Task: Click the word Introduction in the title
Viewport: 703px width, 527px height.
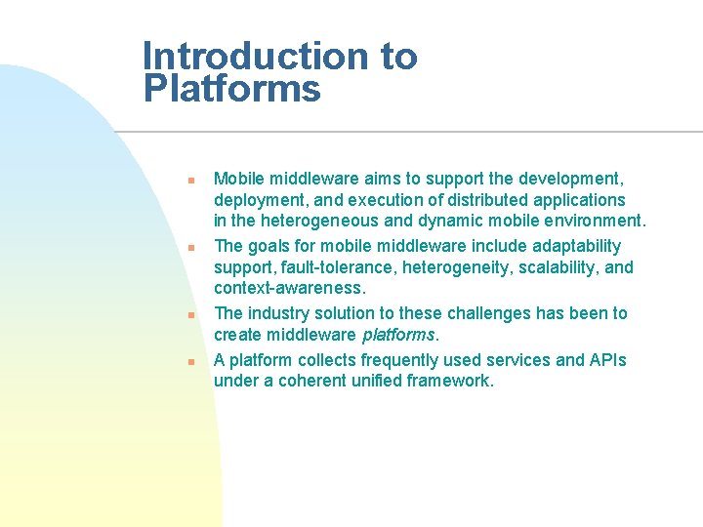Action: [x=256, y=57]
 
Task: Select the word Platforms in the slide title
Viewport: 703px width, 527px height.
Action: [x=231, y=89]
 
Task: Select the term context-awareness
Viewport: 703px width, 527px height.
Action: [x=289, y=289]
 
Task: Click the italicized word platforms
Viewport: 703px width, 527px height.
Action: [x=398, y=335]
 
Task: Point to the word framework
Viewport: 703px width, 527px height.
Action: [x=450, y=381]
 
